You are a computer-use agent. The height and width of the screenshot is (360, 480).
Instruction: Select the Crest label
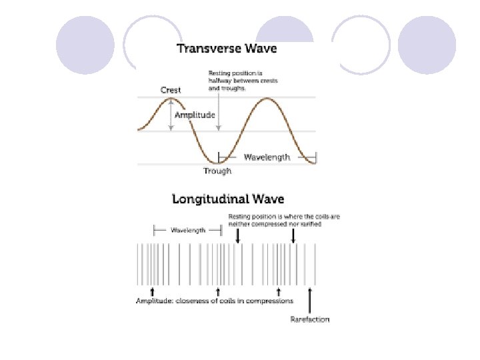point(171,90)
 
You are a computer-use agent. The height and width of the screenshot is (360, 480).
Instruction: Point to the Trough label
point(217,171)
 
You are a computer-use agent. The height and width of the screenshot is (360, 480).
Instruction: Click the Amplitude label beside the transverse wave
point(195,115)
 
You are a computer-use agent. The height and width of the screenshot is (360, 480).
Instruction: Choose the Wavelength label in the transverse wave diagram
point(267,157)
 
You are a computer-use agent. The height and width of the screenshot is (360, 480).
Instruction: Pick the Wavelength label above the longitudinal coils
point(187,230)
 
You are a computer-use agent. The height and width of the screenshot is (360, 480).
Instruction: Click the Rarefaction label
point(309,319)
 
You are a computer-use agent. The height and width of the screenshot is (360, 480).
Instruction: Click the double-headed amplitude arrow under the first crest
point(172,115)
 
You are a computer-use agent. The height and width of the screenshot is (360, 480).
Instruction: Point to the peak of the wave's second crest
point(267,99)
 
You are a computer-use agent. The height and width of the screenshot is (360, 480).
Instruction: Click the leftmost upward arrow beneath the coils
point(153,291)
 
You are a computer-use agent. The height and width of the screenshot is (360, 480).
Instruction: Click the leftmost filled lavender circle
point(85,45)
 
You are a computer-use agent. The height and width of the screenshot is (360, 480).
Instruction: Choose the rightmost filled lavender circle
point(427,45)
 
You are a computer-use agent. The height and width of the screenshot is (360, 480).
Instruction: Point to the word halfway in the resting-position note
point(219,81)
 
